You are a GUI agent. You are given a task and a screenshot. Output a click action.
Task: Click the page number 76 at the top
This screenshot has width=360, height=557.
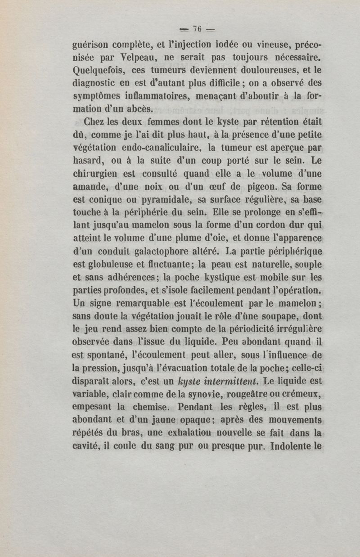tap(196, 29)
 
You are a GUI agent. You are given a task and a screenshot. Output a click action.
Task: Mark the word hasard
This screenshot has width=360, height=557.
tap(89, 160)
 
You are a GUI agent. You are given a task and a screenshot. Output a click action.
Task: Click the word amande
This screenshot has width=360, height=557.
tap(91, 186)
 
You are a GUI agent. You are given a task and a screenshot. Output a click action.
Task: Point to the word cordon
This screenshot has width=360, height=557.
tap(254, 224)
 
